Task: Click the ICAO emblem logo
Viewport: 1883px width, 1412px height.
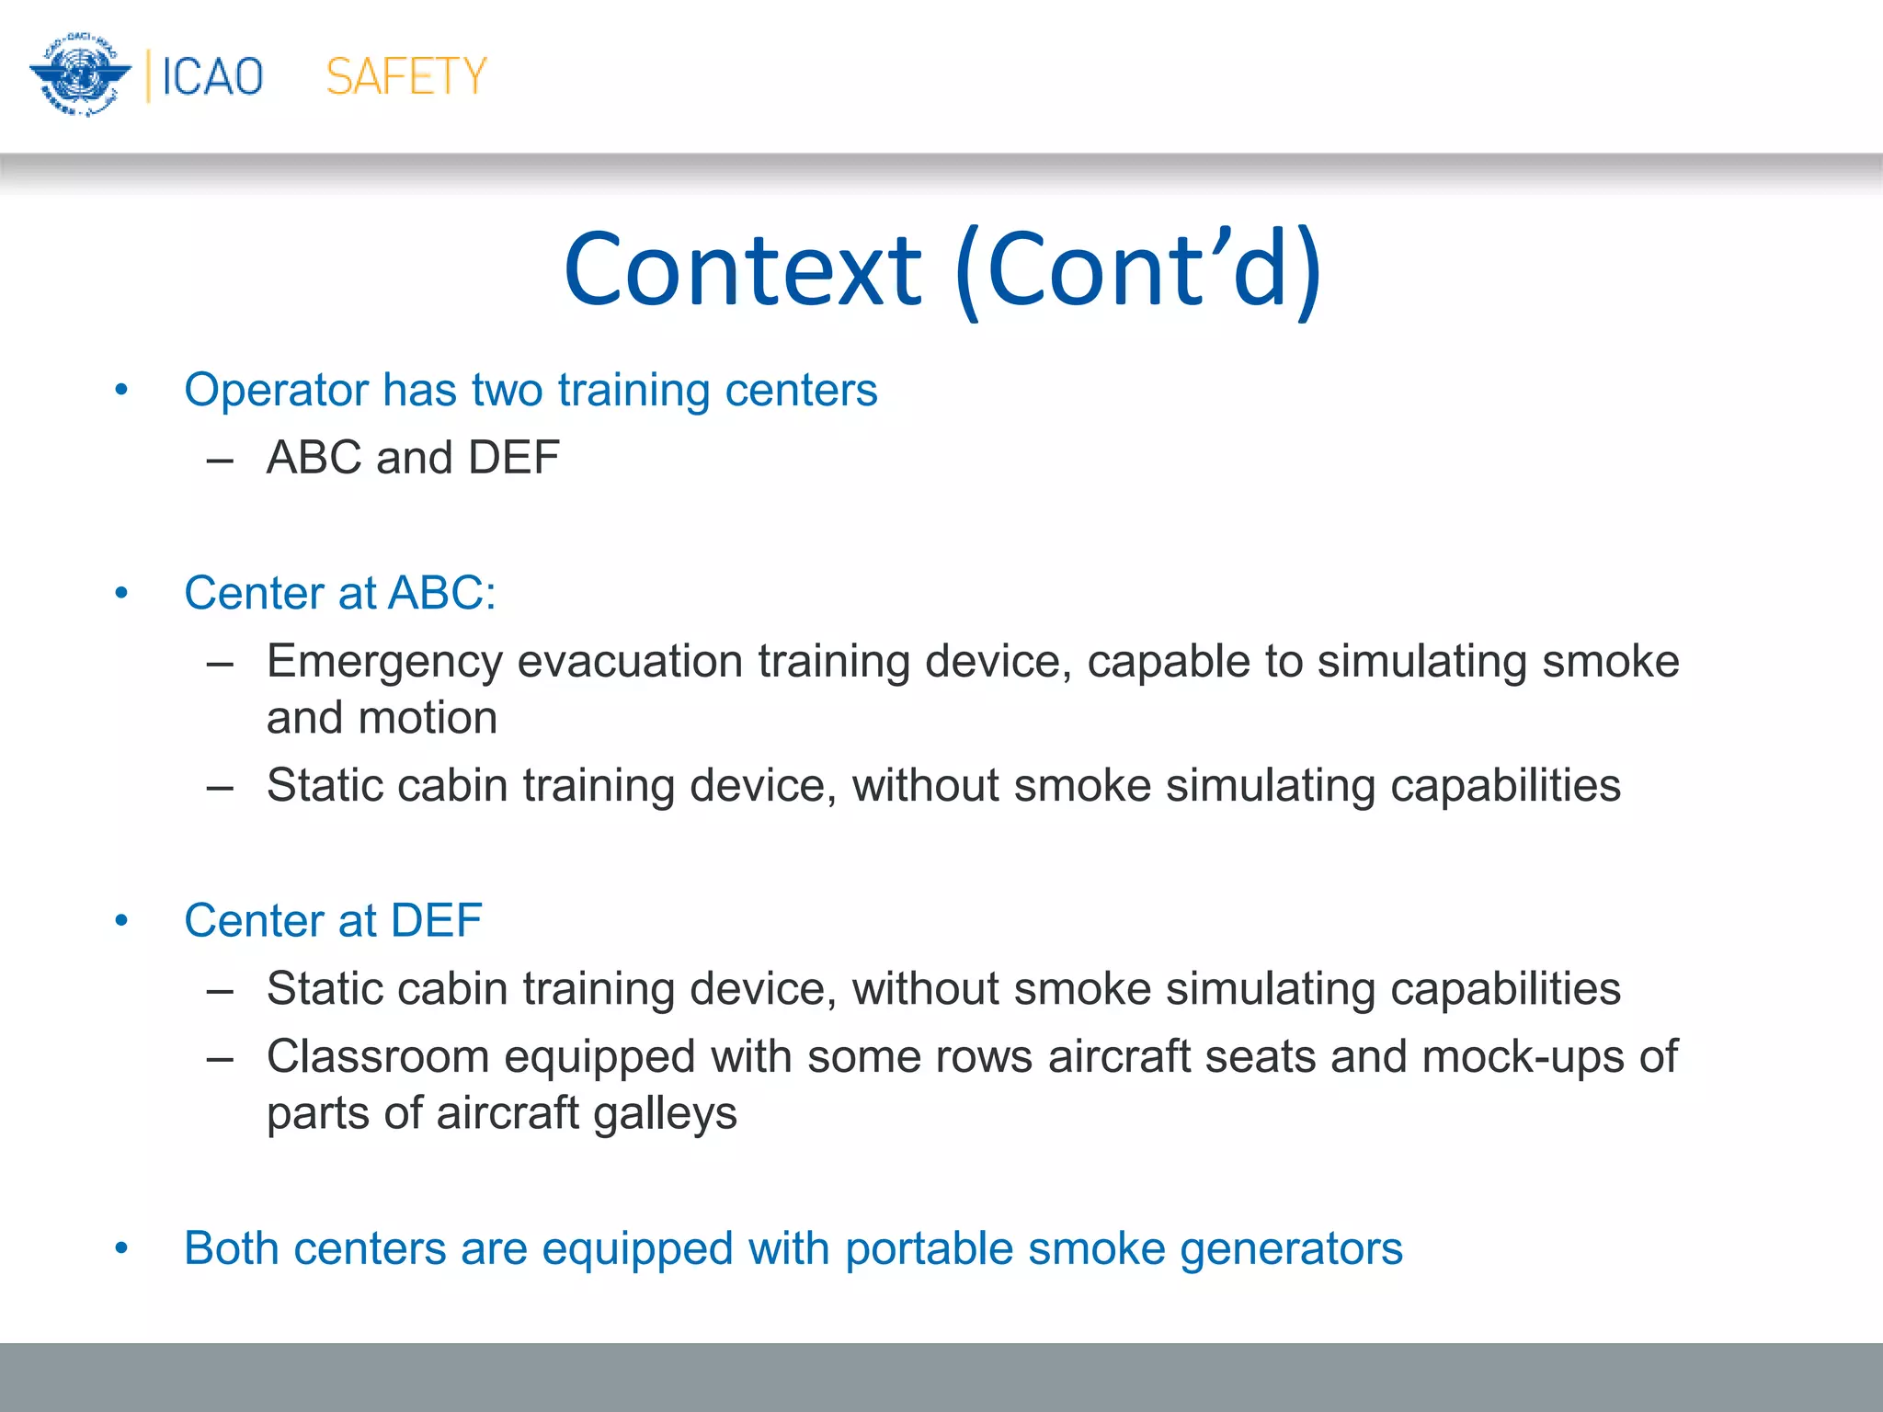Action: tap(80, 75)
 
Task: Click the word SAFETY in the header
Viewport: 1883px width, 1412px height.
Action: tap(405, 76)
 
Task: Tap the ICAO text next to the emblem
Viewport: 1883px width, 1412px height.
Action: tap(212, 76)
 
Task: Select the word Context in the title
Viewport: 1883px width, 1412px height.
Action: tap(743, 270)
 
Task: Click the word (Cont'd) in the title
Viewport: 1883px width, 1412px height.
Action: tap(1138, 270)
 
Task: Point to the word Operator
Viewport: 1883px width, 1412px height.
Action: tap(276, 391)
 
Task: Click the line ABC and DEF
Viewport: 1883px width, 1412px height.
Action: tap(413, 458)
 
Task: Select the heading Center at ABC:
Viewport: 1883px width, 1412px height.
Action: tap(339, 593)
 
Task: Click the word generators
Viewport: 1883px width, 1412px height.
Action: tap(1291, 1249)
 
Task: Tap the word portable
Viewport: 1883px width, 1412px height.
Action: tap(929, 1249)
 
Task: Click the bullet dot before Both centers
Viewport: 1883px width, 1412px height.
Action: tap(121, 1248)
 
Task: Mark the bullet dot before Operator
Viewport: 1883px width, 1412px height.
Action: tap(121, 391)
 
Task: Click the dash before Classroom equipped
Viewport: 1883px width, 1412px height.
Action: tap(220, 1059)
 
